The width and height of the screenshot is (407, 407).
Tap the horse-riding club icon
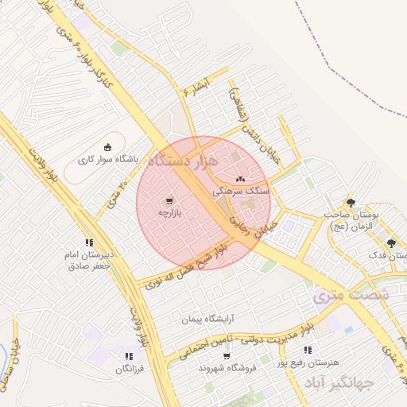pyautogui.click(x=108, y=146)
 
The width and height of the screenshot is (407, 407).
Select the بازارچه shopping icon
pyautogui.click(x=169, y=201)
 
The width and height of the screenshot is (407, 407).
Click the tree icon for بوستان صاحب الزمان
pyautogui.click(x=351, y=202)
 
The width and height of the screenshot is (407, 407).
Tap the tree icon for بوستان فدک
pyautogui.click(x=390, y=243)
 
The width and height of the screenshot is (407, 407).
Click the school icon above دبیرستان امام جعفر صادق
pyautogui.click(x=89, y=243)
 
